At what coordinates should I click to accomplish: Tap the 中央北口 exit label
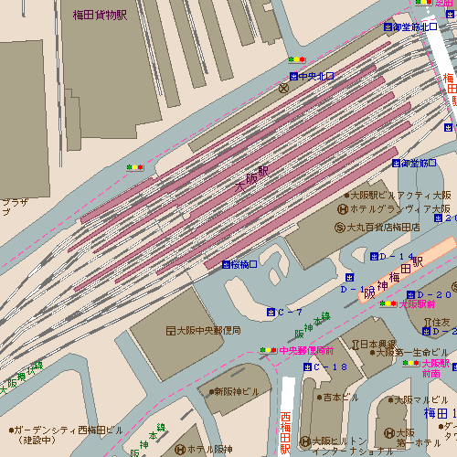tap(317, 76)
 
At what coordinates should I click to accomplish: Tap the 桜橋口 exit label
tap(244, 264)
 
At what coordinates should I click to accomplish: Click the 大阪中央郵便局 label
tap(208, 330)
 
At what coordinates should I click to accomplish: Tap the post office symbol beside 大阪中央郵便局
tap(170, 330)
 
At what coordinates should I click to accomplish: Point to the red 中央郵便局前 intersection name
tap(306, 350)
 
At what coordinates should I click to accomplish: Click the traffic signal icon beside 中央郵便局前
tap(267, 350)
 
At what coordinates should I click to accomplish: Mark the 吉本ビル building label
tap(340, 397)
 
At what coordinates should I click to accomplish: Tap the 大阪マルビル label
tap(420, 399)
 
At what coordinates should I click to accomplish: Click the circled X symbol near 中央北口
tap(283, 89)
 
